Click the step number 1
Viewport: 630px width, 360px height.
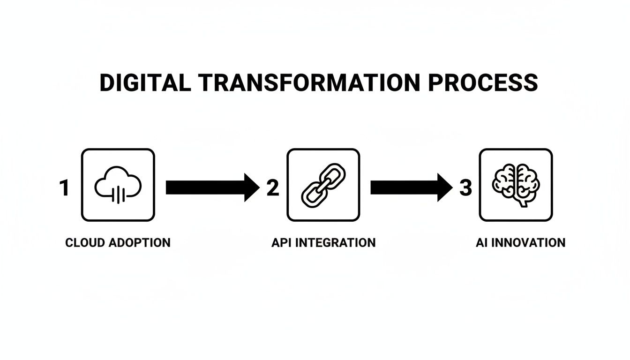pos(64,188)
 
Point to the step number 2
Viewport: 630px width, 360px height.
pos(272,188)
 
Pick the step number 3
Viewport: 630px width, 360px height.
pos(465,188)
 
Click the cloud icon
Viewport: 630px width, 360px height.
pos(118,185)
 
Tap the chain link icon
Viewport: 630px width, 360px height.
pos(323,185)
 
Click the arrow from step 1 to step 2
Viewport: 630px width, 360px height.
pos(211,187)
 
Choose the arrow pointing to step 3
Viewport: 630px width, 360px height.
pos(411,187)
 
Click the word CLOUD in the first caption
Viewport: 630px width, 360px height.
pos(85,243)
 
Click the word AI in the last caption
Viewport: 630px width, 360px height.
pos(481,243)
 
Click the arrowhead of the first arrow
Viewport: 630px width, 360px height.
pos(251,187)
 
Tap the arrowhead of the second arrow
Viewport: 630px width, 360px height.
pos(444,187)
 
